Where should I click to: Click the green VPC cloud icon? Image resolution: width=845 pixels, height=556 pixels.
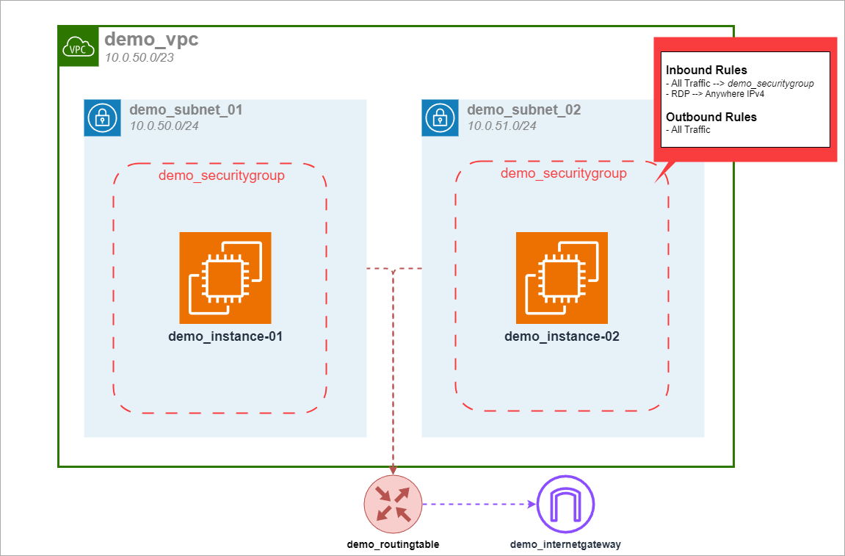pyautogui.click(x=79, y=46)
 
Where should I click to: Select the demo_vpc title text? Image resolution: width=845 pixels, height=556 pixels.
pyautogui.click(x=151, y=40)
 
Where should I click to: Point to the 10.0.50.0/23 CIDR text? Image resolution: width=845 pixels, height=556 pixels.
pyautogui.click(x=139, y=57)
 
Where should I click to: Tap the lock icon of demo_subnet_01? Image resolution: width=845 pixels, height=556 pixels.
pyautogui.click(x=102, y=118)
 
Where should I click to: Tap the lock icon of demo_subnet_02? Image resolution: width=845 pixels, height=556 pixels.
pyautogui.click(x=440, y=118)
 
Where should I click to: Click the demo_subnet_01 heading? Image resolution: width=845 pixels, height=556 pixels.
pyautogui.click(x=186, y=110)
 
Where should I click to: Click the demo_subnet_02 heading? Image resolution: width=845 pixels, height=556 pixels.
pyautogui.click(x=523, y=110)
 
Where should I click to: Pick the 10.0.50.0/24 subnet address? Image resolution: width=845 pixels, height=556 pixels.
pyautogui.click(x=164, y=126)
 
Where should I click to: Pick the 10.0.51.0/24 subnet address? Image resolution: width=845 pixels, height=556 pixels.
pyautogui.click(x=502, y=126)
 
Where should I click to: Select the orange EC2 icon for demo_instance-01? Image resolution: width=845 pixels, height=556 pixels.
pyautogui.click(x=225, y=278)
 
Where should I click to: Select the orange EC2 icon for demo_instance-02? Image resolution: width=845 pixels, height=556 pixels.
pyautogui.click(x=562, y=278)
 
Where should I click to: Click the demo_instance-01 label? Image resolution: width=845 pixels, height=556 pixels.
pyautogui.click(x=225, y=337)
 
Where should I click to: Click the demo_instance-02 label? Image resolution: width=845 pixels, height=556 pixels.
pyautogui.click(x=562, y=337)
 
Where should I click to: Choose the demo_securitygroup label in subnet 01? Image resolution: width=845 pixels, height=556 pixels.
pyautogui.click(x=222, y=176)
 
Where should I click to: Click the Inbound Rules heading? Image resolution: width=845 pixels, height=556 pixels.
pyautogui.click(x=706, y=71)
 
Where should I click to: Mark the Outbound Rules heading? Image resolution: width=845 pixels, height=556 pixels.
pyautogui.click(x=711, y=117)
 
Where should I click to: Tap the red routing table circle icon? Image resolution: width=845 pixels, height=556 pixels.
pyautogui.click(x=393, y=505)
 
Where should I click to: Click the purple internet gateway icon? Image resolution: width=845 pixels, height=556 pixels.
pyautogui.click(x=565, y=505)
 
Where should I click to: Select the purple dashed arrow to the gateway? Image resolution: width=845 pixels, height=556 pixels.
pyautogui.click(x=477, y=505)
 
